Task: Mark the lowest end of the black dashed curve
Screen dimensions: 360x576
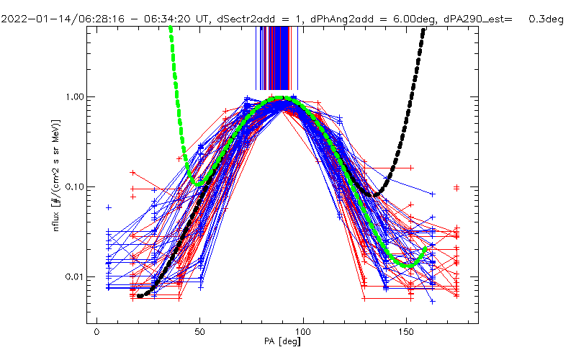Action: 140,296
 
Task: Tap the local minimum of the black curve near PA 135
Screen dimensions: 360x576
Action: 374,195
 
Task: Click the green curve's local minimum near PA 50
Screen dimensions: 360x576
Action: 197,184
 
